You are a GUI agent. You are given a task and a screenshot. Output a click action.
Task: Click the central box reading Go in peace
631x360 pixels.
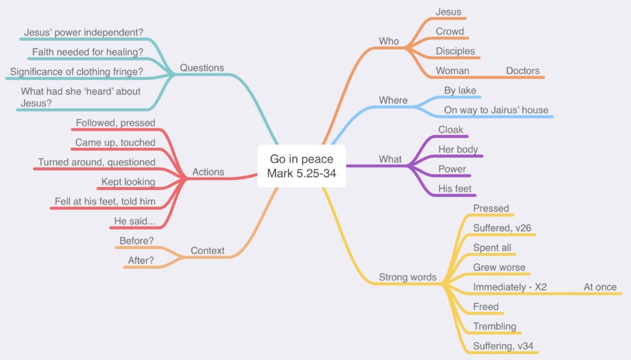pos(301,166)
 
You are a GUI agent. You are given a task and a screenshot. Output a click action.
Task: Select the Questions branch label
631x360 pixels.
pos(202,68)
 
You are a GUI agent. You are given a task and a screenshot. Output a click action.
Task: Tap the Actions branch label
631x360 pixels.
pos(208,172)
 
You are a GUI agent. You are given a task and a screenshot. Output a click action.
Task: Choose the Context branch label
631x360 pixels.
pos(207,250)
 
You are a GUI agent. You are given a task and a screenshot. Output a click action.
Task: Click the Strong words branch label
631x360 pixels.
pos(408,277)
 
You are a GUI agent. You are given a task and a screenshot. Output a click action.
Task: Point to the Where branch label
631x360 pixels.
pos(393,100)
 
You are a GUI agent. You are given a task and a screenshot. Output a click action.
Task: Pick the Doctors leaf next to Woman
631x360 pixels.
pos(523,71)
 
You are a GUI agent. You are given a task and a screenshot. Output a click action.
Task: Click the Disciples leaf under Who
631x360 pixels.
pos(455,51)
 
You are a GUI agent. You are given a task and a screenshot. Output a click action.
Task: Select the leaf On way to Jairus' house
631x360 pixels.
pos(496,110)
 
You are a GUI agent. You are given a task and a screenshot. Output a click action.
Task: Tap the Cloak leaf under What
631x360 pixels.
pos(450,129)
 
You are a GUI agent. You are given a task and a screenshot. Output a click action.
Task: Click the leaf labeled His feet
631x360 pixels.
pos(455,189)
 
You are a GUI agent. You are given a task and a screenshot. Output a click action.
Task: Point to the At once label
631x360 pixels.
pos(600,287)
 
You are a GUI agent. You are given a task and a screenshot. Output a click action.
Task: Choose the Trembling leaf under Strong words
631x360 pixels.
pos(495,326)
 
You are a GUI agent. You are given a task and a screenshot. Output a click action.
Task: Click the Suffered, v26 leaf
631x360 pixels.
pos(502,228)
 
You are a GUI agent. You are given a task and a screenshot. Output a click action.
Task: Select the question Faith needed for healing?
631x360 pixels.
pos(88,52)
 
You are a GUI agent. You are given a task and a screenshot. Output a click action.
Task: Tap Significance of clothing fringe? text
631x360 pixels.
pos(76,72)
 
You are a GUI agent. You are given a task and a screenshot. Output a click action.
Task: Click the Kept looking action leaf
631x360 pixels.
pos(128,182)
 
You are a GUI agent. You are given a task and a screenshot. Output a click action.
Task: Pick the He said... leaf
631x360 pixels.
pos(134,221)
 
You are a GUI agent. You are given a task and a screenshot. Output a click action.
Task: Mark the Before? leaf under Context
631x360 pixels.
pos(136,241)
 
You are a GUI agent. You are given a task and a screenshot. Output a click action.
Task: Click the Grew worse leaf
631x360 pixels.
pos(499,268)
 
